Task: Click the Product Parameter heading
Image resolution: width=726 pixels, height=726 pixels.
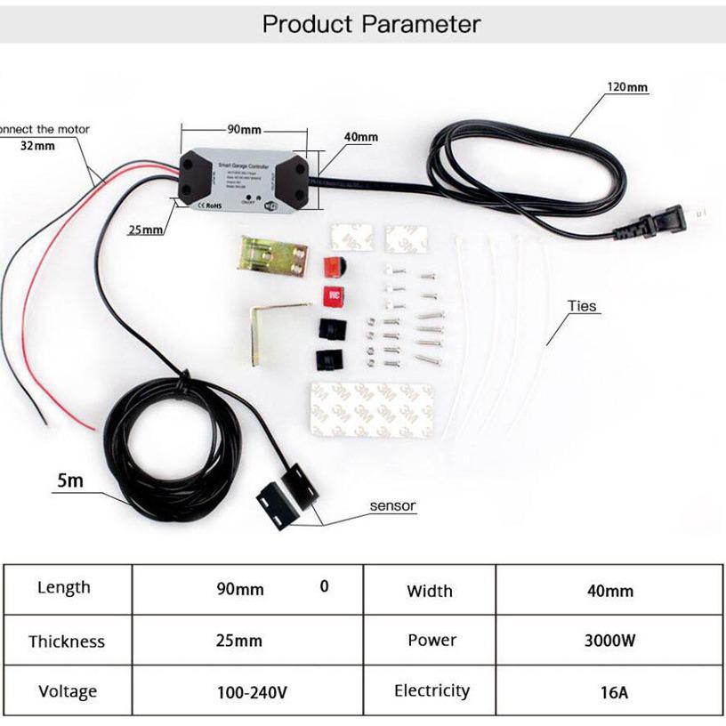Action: tap(371, 24)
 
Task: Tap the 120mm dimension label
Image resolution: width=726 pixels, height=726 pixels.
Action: tap(627, 87)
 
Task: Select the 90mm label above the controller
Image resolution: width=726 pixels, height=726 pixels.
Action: tap(243, 129)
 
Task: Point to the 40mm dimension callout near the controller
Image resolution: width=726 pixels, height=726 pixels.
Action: tap(360, 137)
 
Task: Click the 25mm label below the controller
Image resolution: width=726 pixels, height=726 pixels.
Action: tap(146, 230)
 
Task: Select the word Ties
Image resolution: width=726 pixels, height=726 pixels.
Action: tap(583, 306)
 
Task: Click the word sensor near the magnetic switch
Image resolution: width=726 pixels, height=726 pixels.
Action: tap(392, 505)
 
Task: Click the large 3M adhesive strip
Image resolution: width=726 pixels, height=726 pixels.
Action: tap(371, 410)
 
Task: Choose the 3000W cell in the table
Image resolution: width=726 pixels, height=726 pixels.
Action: tap(609, 641)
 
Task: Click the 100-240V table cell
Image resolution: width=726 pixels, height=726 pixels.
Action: tap(252, 692)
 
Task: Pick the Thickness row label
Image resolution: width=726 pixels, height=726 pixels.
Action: tap(67, 641)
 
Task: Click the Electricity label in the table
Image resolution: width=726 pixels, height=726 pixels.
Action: tap(432, 690)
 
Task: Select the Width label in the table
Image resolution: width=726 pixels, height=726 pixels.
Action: tap(429, 591)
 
